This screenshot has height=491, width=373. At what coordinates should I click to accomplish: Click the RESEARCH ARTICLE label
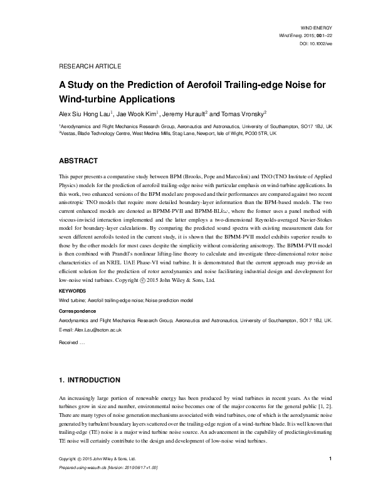point(89,66)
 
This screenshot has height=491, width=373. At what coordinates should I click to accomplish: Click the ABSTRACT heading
point(79,160)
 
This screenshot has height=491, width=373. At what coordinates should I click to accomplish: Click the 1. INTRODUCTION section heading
point(89,380)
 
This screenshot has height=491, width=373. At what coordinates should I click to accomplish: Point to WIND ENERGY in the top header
point(317,29)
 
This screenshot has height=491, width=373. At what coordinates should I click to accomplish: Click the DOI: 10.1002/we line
point(315,44)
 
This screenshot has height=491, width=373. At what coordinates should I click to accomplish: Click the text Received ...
point(68,342)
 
